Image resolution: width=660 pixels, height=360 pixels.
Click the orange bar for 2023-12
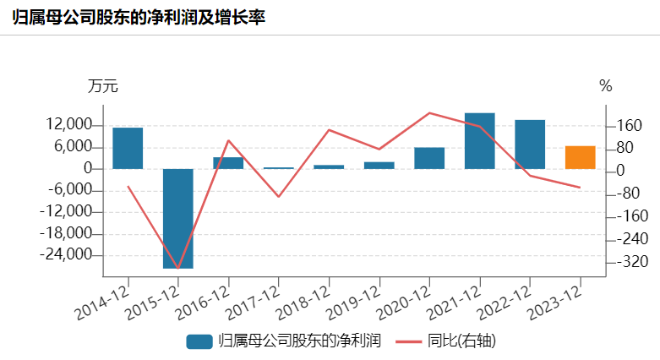580,157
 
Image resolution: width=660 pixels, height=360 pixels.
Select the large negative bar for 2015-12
177,218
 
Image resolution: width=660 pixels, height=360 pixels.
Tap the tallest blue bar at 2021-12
479,140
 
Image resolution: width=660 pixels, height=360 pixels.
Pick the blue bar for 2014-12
128,148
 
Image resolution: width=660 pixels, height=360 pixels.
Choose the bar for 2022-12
530,144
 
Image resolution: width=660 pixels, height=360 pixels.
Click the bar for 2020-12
429,158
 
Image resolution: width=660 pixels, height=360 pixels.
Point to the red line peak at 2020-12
429,112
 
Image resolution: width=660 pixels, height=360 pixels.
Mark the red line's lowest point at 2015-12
177,269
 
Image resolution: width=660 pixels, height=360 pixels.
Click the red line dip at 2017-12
278,197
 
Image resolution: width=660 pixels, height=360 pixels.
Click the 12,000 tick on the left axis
71,126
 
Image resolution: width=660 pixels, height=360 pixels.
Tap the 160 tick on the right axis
630,126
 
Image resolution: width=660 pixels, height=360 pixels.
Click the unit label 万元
102,86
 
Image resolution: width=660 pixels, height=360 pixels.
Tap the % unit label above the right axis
605,86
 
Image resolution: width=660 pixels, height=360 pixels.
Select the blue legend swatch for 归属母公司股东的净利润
199,341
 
